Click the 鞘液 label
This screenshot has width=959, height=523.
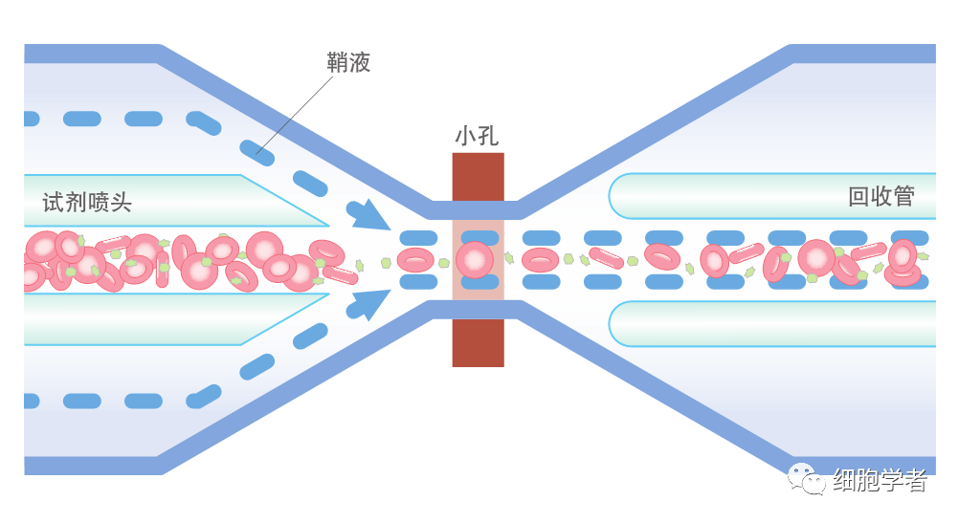tap(348, 63)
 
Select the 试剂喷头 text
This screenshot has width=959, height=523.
tap(87, 202)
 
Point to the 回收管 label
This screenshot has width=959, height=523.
tap(881, 197)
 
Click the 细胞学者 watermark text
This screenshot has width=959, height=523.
tap(880, 480)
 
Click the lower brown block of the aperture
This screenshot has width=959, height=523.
tap(478, 342)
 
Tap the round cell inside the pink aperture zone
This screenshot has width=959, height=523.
tap(474, 259)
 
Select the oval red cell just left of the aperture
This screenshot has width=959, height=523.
tap(415, 259)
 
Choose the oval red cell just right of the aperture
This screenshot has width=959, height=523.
tap(541, 259)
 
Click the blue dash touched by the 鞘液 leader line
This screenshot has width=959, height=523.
tap(253, 148)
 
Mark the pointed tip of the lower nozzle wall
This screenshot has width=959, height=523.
tap(325, 294)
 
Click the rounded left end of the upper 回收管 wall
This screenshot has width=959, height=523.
tap(617, 196)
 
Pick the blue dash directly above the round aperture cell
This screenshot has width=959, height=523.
tap(478, 237)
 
